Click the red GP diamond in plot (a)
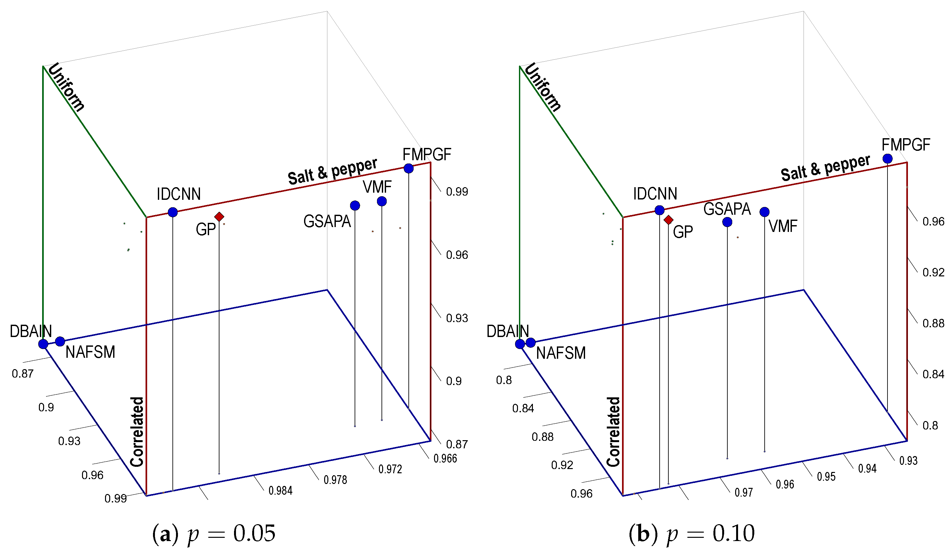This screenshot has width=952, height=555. [x=219, y=217]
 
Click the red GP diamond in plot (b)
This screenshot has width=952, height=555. [x=668, y=220]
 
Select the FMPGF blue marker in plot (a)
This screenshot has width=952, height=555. [x=408, y=169]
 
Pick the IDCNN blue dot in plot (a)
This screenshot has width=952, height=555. [x=173, y=212]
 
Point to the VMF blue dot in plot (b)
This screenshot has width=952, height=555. [x=764, y=212]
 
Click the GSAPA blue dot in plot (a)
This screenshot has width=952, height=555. [x=355, y=206]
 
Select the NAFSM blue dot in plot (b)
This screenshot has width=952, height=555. [x=531, y=343]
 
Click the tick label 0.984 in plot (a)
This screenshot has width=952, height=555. [x=280, y=491]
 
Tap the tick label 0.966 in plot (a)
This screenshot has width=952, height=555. [x=445, y=459]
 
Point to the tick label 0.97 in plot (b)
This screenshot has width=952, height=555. [x=744, y=493]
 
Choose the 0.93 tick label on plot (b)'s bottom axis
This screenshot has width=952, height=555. [x=908, y=461]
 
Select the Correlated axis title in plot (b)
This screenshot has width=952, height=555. [x=613, y=432]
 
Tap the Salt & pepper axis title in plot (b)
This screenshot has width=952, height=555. [x=826, y=168]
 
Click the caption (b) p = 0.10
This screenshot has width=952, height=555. [x=691, y=534]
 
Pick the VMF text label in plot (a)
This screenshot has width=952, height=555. [x=377, y=187]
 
